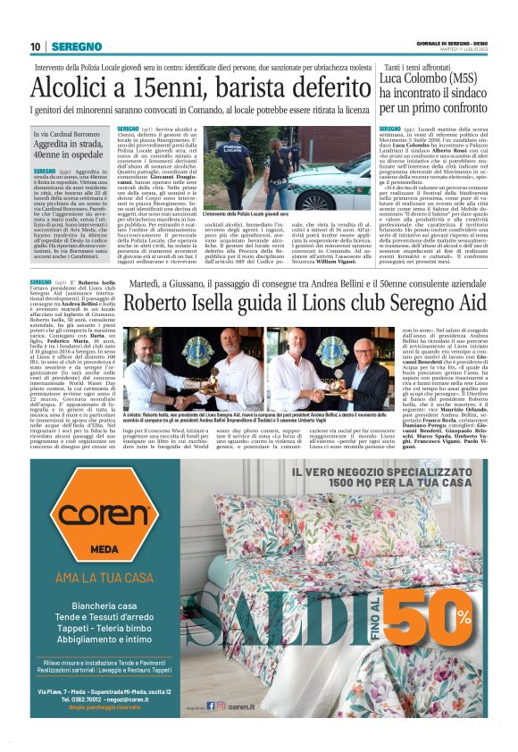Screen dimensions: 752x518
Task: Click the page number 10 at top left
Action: [x=36, y=46]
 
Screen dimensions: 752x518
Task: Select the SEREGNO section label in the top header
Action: [x=76, y=46]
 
